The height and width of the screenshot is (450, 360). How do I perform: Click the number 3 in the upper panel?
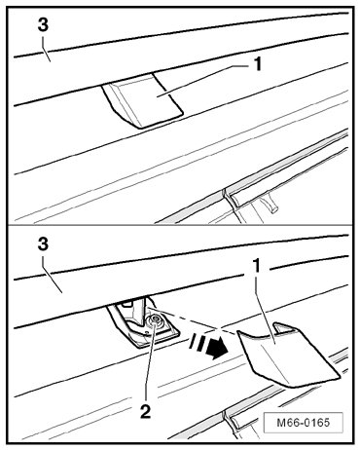tap(43, 25)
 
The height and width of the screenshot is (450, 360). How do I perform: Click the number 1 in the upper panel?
tap(257, 64)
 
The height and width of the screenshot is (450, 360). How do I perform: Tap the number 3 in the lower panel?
tap(43, 244)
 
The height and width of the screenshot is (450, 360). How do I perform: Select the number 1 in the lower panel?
tap(256, 267)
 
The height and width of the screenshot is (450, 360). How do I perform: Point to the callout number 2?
tap(145, 412)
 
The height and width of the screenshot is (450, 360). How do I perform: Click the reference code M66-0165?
tap(304, 423)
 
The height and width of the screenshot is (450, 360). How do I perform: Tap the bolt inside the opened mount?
tap(156, 319)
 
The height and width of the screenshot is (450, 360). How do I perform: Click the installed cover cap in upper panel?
tap(143, 100)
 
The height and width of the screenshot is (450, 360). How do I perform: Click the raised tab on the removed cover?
tap(284, 328)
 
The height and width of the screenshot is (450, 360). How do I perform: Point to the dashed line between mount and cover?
tap(192, 320)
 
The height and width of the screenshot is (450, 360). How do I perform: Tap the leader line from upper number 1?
tap(201, 80)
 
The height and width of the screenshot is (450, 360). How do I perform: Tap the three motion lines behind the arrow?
tap(197, 344)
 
